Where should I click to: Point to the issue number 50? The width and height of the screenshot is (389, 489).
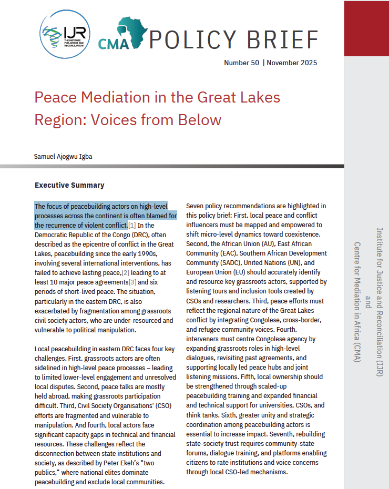click(x=254, y=63)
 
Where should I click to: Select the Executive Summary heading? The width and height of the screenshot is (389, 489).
click(x=69, y=185)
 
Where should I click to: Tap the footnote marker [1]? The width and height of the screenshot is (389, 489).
click(x=132, y=225)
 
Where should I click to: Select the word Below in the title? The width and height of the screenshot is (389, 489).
click(x=201, y=120)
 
